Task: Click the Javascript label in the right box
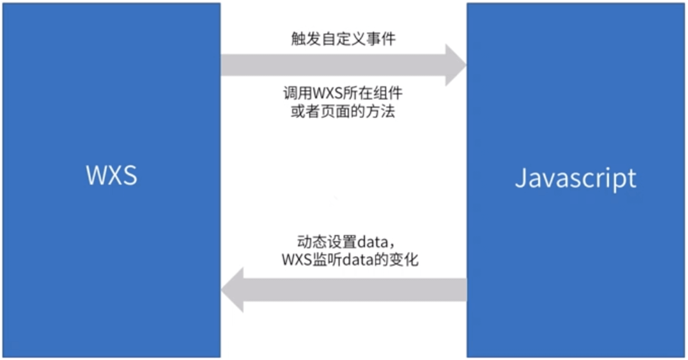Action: coord(576,178)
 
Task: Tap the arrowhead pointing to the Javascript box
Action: coord(455,65)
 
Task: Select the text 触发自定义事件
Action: coord(343,39)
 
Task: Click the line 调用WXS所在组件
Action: coord(343,93)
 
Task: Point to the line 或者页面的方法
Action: coord(343,111)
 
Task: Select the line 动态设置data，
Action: coord(346,242)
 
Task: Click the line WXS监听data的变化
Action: coord(350,260)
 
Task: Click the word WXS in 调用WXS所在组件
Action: coord(327,94)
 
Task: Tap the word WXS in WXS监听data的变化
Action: coord(297,260)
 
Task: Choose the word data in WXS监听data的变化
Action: coord(358,260)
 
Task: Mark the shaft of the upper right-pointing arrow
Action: coord(332,65)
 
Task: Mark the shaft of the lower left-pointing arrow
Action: coord(354,290)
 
